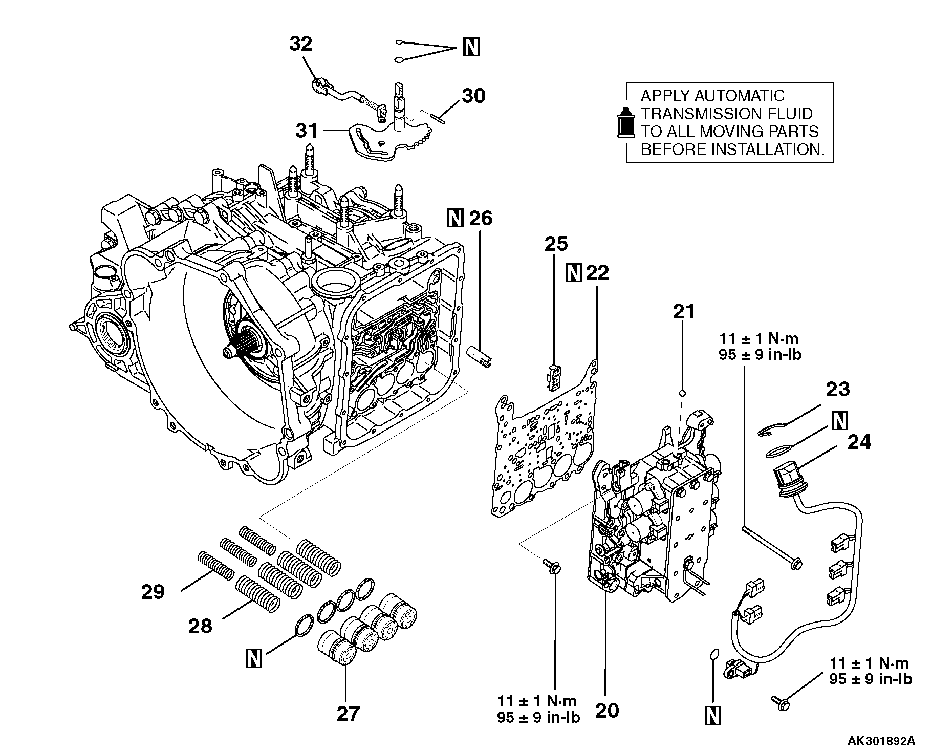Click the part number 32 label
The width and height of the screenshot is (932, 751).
point(300,44)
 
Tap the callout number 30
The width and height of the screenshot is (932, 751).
point(473,96)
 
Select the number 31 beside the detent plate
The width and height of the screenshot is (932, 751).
point(307,131)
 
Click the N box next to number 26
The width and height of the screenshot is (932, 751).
point(454,218)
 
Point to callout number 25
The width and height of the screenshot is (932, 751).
point(556,244)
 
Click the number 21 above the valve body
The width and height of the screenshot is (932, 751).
point(683,311)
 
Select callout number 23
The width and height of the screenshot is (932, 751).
point(837,389)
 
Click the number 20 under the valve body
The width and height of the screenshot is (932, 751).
point(606,711)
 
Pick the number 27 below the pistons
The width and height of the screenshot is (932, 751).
point(348,713)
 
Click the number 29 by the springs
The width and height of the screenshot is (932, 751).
point(153,592)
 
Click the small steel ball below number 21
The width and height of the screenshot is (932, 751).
point(682,393)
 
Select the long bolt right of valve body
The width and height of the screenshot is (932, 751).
point(771,545)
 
